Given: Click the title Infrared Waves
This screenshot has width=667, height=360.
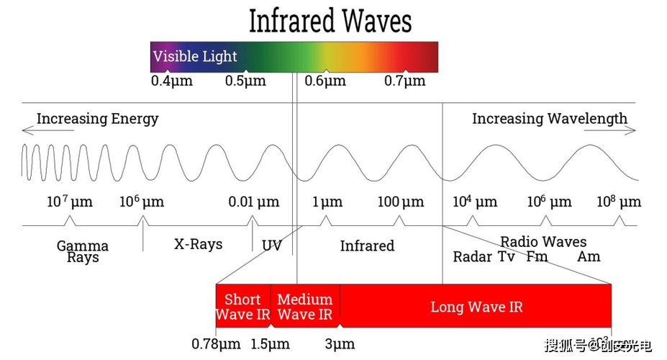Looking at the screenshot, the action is (330, 21).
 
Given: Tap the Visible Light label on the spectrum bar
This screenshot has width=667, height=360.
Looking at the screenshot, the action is (195, 56).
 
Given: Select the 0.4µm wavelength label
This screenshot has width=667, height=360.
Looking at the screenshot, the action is (172, 81).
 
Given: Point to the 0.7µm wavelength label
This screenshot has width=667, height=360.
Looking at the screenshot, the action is (404, 81).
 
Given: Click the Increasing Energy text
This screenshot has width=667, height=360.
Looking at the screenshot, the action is (97, 119).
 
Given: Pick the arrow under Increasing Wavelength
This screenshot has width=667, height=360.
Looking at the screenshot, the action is (609, 130).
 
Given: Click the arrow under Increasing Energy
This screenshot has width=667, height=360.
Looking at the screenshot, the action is (48, 130).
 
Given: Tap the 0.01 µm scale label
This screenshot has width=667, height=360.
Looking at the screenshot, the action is (253, 202).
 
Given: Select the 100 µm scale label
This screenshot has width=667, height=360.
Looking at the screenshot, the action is (401, 202).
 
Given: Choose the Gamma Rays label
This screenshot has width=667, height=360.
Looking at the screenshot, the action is (83, 251).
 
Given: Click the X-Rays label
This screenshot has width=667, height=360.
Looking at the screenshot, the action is (198, 244).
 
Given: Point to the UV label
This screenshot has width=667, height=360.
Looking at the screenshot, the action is (272, 246).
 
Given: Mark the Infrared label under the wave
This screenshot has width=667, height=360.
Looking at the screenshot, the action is (367, 246).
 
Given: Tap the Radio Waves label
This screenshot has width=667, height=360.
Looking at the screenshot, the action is (543, 242).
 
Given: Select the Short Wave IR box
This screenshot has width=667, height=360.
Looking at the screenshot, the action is (243, 306).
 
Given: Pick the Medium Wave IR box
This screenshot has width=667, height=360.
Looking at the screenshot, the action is (305, 306).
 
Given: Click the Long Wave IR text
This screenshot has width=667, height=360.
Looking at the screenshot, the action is (476, 307).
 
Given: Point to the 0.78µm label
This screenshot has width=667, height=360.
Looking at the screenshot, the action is (216, 344).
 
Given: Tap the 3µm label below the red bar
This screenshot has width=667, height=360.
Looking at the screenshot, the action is (340, 344).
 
